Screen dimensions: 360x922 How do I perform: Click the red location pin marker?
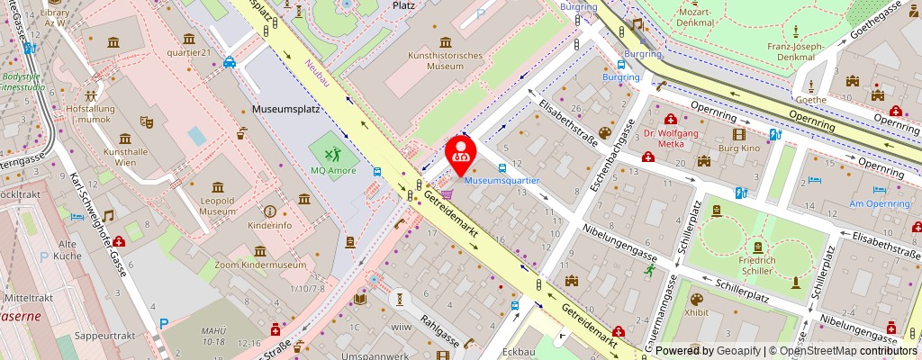point(462,151)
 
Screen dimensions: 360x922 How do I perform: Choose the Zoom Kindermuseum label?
point(256,265)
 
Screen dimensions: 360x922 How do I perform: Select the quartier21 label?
point(188,52)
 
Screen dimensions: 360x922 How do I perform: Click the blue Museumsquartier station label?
point(502,180)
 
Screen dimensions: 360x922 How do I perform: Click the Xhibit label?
point(696,313)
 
